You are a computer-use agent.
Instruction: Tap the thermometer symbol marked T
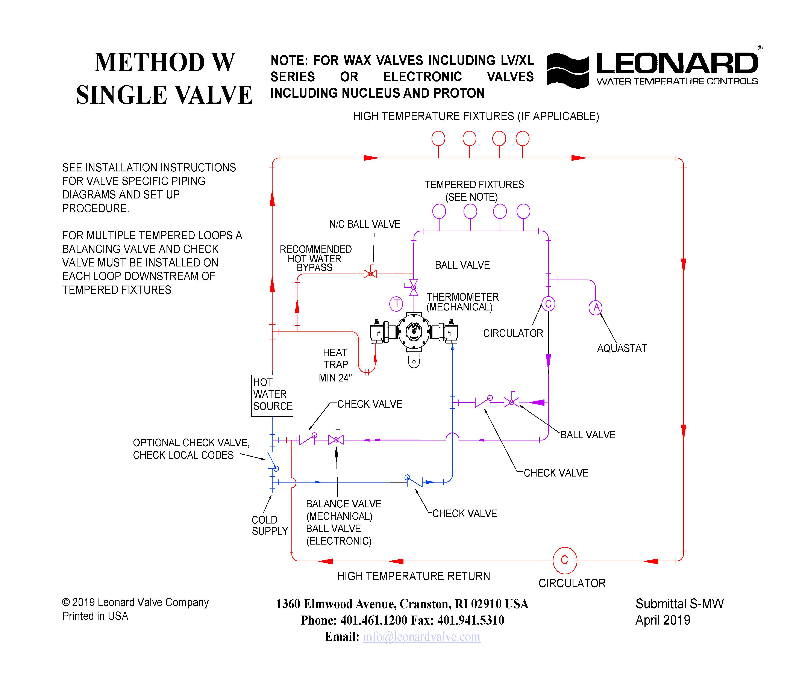point(396,303)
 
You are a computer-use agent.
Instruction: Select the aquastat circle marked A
point(596,308)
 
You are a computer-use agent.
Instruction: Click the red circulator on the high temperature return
point(564,560)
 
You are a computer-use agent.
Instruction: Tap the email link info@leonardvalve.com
point(421,637)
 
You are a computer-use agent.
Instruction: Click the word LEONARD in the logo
point(677,63)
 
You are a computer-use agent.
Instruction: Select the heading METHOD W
point(164,62)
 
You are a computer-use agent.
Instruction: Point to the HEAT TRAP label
point(335,359)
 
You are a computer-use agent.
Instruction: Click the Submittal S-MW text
point(679,604)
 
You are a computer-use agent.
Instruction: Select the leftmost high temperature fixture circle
point(438,138)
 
